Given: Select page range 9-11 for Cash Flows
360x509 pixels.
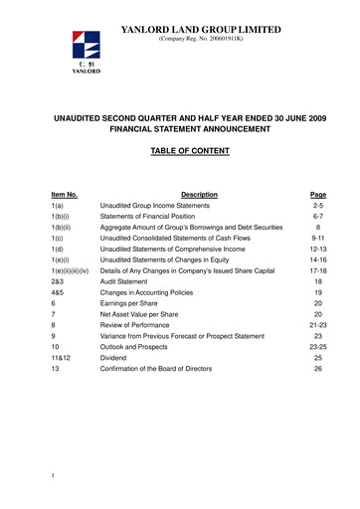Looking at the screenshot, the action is click(318, 243).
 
